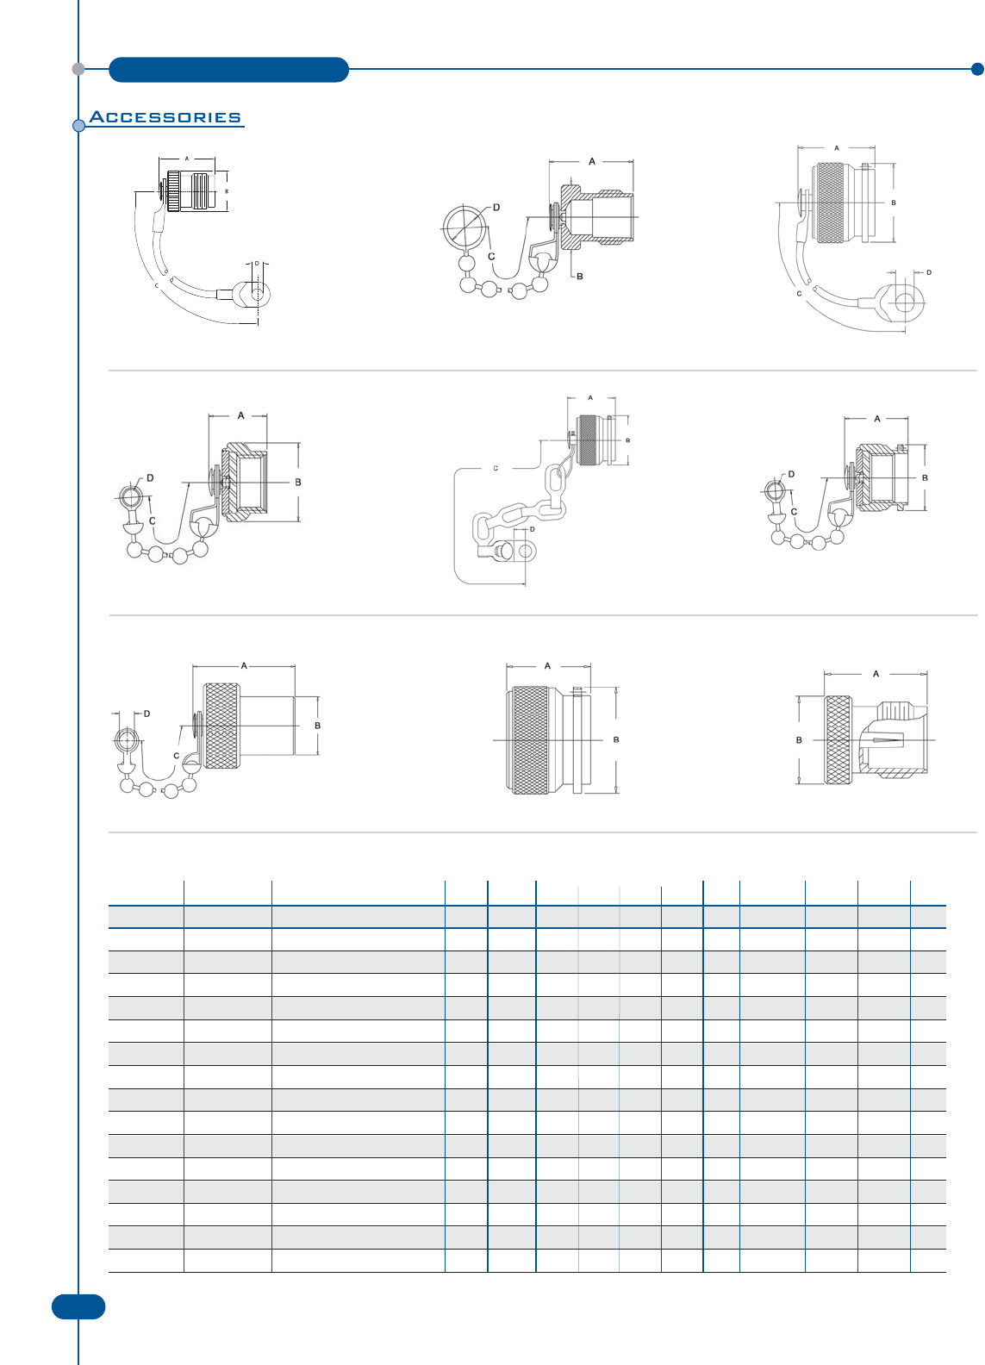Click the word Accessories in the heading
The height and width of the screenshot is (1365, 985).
coord(165,117)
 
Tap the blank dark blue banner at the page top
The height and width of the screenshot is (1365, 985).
coord(228,70)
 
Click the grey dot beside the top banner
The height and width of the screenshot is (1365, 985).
coord(78,69)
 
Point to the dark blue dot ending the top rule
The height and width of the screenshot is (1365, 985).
coord(976,69)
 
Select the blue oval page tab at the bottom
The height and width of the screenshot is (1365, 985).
coord(78,1306)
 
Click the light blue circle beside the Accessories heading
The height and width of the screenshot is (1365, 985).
coord(78,126)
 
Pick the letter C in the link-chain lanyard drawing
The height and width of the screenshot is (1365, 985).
coord(496,469)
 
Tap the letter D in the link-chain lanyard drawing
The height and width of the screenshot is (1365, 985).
coord(533,529)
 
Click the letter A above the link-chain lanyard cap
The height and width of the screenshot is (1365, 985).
coord(590,398)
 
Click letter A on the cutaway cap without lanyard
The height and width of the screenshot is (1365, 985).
coord(876,674)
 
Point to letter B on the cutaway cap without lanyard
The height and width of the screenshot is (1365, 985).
coord(799,740)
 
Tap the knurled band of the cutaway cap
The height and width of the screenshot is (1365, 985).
coord(838,740)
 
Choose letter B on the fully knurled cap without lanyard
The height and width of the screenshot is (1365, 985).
coord(616,739)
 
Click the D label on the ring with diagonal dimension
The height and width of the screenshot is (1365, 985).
coord(496,208)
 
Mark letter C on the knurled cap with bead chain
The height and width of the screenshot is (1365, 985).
coord(177,756)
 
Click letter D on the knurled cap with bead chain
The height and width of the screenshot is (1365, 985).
coord(147,714)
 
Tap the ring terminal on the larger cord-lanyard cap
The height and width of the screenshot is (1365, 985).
coord(902,302)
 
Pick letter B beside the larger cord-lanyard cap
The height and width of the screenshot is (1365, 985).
coord(894,203)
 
